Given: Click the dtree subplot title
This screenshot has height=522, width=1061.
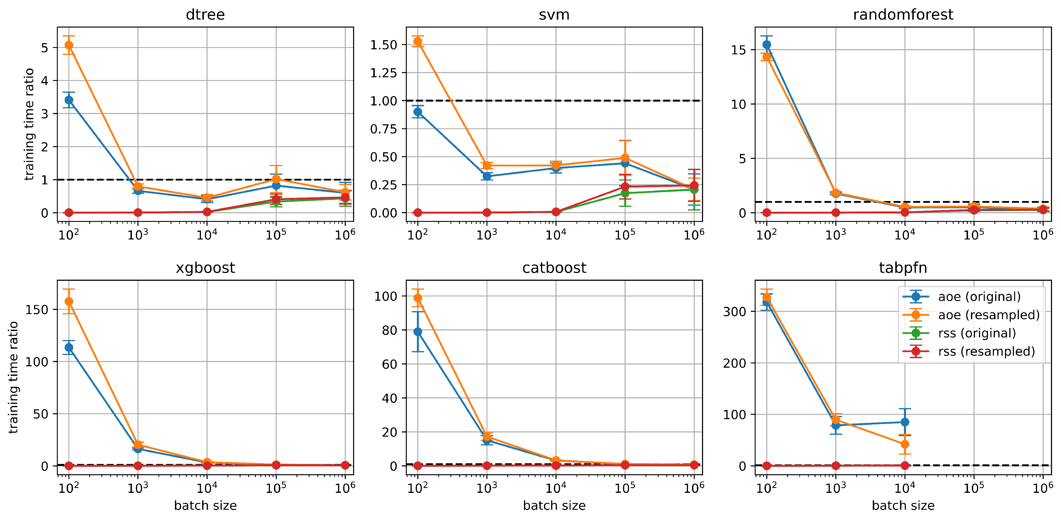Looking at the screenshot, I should coord(205,14).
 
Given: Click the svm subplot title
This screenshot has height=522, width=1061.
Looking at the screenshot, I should coord(554,14).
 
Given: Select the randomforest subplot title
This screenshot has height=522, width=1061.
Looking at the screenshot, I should coord(903,14).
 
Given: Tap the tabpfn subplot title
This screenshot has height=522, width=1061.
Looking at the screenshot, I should coord(903,268).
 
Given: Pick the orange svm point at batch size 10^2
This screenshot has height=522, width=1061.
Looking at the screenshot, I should coord(418,41).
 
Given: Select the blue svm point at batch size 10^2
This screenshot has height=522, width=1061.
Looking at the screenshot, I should coord(418,112).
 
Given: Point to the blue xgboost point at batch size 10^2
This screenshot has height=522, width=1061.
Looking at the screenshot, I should coord(69,347).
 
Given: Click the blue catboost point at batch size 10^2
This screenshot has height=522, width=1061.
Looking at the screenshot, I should coord(418,332).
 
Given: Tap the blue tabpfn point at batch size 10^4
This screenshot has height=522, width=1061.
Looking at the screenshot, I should coord(905,422).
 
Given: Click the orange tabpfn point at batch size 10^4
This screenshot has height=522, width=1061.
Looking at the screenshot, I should coord(905,444).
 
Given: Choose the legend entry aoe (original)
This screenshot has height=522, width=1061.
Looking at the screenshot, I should coord(979,297).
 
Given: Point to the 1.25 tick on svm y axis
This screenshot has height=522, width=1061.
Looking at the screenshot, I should coord(383,73).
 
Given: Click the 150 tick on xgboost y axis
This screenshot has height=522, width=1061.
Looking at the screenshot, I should coord(37,309).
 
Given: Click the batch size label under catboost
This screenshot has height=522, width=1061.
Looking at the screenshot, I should coord(554,506).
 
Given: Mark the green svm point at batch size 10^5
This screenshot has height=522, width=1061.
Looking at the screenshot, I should coord(625,193).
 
